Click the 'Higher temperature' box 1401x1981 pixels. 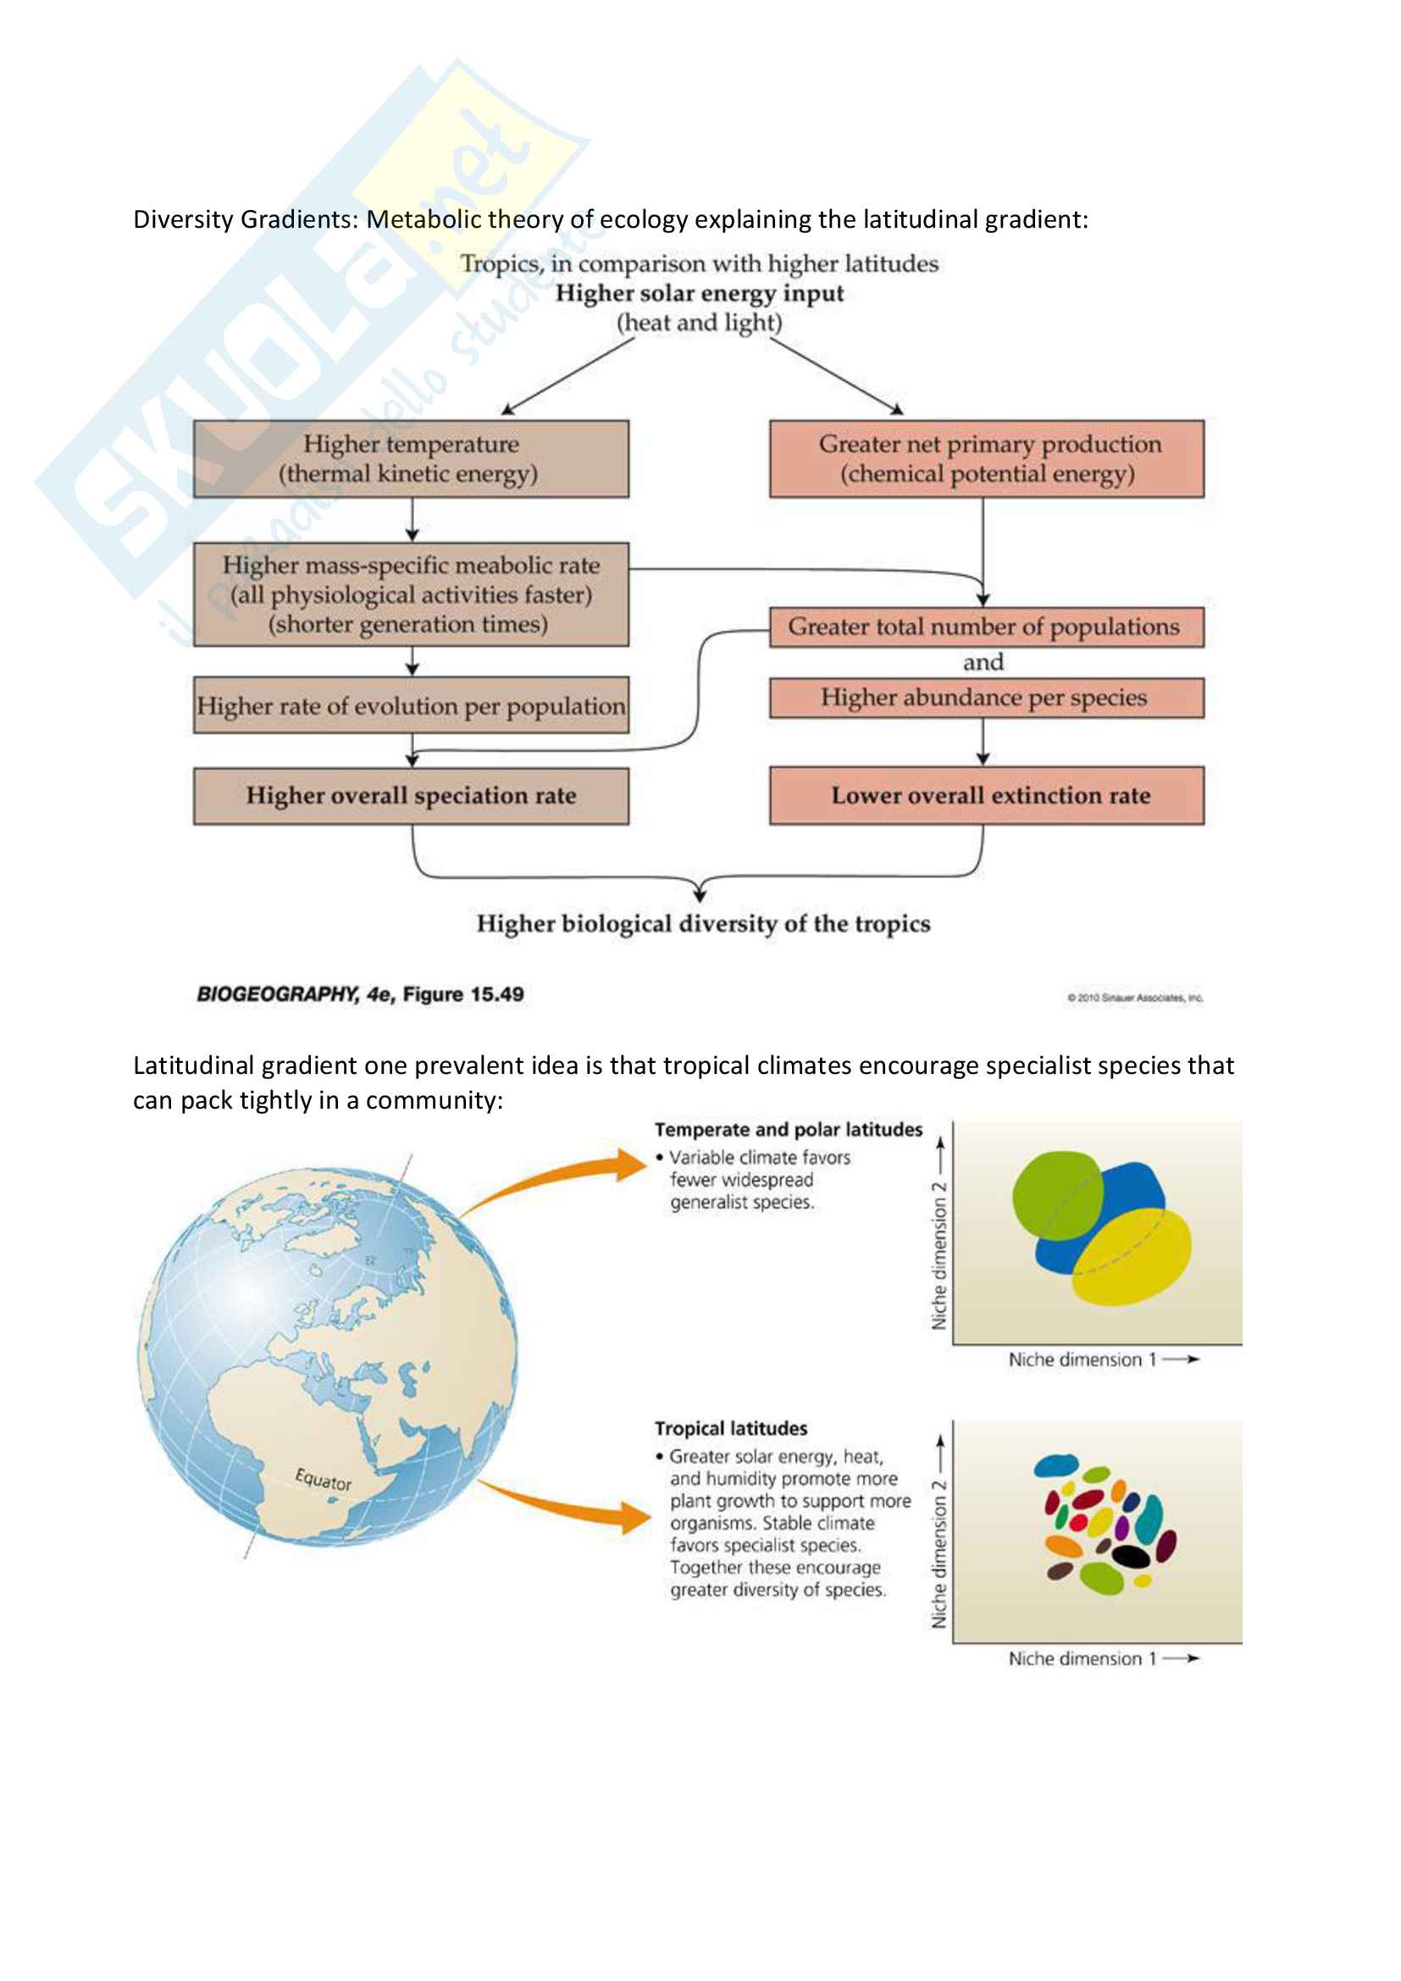point(411,459)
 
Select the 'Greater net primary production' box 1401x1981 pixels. point(986,459)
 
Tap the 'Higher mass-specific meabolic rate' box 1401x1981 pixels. point(411,595)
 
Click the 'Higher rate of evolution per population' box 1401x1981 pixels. point(411,706)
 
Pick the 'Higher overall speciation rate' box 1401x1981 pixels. point(411,795)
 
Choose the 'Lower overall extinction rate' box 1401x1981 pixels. point(986,795)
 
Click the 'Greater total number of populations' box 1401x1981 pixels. point(986,628)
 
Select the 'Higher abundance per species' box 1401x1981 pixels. point(986,698)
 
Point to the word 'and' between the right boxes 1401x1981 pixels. point(983,662)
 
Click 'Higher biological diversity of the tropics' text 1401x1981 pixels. point(703,924)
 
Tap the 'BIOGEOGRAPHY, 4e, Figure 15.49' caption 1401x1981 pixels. point(360,994)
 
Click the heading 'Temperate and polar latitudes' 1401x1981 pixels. point(788,1130)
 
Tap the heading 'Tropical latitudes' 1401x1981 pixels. point(731,1428)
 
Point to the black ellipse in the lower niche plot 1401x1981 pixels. point(1130,1556)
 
